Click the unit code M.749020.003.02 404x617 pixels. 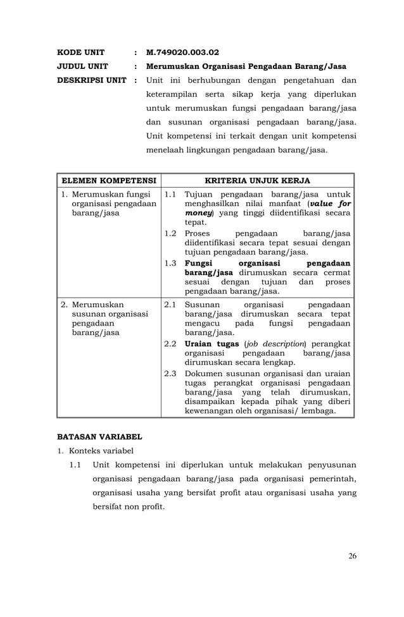tap(182, 52)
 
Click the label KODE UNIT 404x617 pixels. tap(81, 52)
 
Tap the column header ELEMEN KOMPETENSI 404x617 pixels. tap(108, 180)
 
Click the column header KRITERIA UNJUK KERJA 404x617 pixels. tap(257, 180)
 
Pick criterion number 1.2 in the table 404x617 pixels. tap(170, 233)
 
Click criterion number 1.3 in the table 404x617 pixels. tap(170, 262)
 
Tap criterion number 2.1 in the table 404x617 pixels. tap(170, 305)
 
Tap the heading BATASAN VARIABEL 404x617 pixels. tap(100, 437)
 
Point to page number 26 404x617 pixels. tap(352, 556)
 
